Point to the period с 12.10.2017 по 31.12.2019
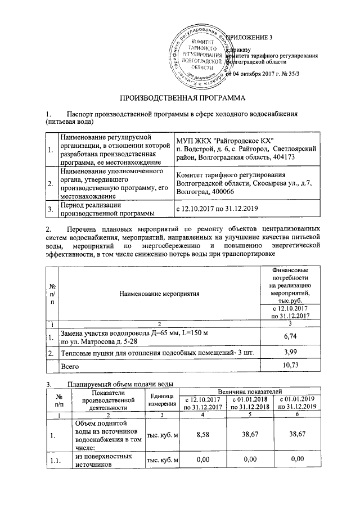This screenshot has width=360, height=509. click(x=217, y=209)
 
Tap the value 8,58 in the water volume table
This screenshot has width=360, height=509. click(x=204, y=435)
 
